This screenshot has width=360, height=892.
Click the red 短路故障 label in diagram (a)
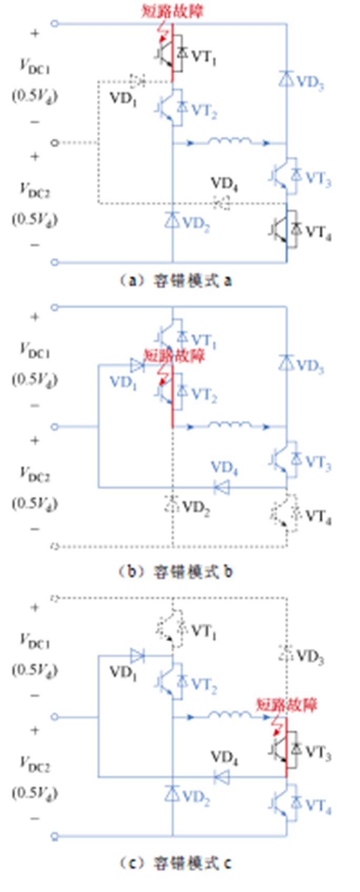pos(172,11)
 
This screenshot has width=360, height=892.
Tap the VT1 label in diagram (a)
pos(203,57)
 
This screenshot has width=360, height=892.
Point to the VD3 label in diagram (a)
pos(309,83)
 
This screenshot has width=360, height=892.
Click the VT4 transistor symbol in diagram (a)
pos(285,229)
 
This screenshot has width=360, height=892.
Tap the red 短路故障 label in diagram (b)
pos(174,356)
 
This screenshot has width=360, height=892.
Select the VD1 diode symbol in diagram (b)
pos(137,364)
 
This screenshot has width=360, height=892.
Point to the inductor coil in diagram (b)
pos(229,425)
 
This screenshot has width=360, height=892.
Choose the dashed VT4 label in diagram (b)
pos(318,517)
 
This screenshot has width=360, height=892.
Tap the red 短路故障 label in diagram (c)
pos(287,705)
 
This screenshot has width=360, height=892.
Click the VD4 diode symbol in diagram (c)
pos(222,776)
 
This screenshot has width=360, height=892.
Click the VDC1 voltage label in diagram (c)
pos(35,641)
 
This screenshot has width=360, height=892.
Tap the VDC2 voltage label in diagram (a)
pos(35,190)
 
